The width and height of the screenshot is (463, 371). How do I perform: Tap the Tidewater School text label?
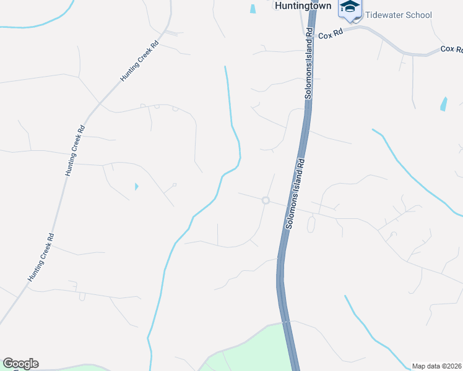pyautogui.click(x=398, y=15)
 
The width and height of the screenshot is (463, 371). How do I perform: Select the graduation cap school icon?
pyautogui.click(x=350, y=7)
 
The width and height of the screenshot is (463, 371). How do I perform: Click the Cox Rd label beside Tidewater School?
pyautogui.click(x=329, y=36)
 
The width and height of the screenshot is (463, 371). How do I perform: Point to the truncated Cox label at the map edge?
pyautogui.click(x=451, y=49)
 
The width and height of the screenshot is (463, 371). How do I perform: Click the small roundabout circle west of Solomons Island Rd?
pyautogui.click(x=266, y=200)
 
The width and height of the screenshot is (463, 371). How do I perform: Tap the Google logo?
pyautogui.click(x=20, y=364)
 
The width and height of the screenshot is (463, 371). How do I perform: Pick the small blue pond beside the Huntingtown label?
pyautogui.click(x=253, y=9)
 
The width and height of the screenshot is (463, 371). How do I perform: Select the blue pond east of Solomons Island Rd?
pyautogui.click(x=443, y=104)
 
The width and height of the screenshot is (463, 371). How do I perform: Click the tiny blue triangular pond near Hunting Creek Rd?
pyautogui.click(x=136, y=186)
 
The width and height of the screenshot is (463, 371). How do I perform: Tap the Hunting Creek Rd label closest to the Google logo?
pyautogui.click(x=41, y=257)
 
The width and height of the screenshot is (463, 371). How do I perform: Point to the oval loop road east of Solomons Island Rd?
pyautogui.click(x=311, y=224)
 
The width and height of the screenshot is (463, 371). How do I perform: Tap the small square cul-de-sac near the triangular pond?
pyautogui.click(x=175, y=184)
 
